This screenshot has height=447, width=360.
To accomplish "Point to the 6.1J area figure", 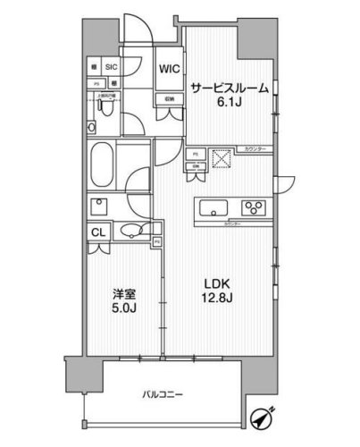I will tap(230, 102).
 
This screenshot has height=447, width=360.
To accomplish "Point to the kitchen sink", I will tap(215, 210).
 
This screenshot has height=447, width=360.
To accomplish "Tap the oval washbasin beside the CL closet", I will tap(131, 231).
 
